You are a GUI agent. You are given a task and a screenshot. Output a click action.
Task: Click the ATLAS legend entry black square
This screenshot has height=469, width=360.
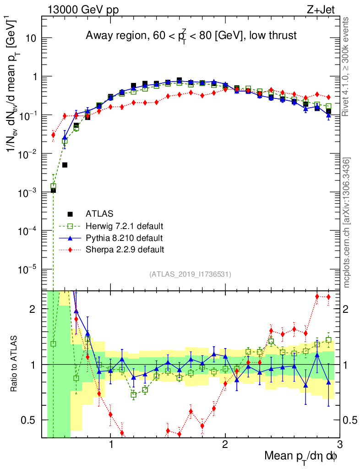[x=70, y=213]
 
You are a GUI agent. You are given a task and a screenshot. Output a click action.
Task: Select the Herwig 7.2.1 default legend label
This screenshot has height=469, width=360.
[x=125, y=226]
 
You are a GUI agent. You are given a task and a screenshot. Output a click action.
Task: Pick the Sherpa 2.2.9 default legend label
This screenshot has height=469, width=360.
[x=125, y=250]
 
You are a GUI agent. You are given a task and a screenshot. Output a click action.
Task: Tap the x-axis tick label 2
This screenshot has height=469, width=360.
[x=225, y=445]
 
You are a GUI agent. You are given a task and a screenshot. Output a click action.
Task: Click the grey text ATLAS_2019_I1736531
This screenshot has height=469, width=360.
[x=190, y=274]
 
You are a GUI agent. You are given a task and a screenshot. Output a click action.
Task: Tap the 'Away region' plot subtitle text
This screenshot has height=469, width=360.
[x=191, y=36]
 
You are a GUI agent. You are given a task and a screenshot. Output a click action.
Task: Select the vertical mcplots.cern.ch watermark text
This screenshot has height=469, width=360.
[x=348, y=222]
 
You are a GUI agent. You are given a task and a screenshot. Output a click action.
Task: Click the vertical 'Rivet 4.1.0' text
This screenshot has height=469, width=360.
[x=347, y=66]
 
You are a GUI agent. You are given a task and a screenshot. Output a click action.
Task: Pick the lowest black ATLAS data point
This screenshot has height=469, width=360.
[x=53, y=190]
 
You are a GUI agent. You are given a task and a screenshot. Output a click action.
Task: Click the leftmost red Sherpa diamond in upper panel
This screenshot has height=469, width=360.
[x=53, y=135]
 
